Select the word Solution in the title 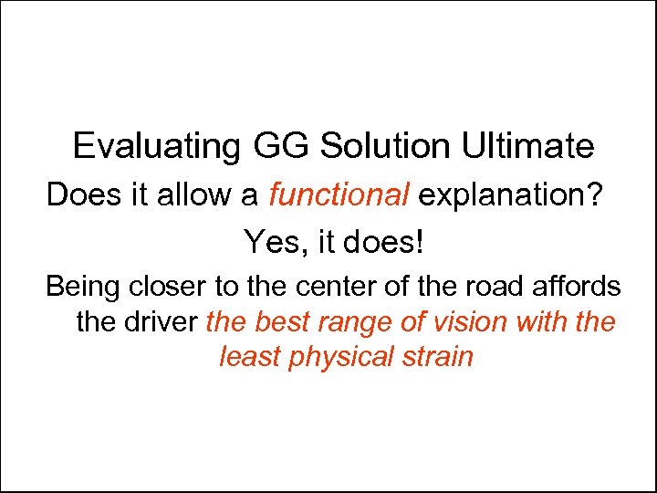[x=381, y=146]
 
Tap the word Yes [x=265, y=242]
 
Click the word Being [x=82, y=287]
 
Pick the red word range [x=350, y=322]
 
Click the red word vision [x=468, y=322]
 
